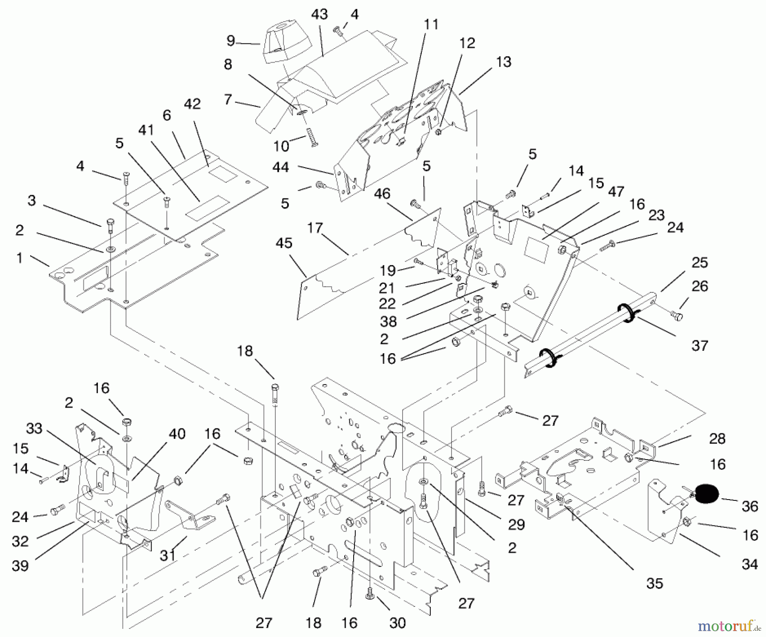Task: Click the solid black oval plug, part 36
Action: click(x=707, y=494)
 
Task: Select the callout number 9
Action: click(x=231, y=41)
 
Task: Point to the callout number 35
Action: click(x=655, y=583)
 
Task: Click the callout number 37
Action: click(x=700, y=346)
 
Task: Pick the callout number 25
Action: click(x=700, y=263)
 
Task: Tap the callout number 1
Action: click(x=19, y=258)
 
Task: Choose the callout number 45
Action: click(x=284, y=243)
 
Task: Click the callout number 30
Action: click(x=397, y=623)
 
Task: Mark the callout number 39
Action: click(x=20, y=566)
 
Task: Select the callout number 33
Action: click(x=34, y=428)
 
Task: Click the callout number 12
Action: click(x=467, y=43)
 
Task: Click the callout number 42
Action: click(x=192, y=104)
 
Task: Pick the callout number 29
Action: click(x=516, y=524)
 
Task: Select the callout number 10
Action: click(x=281, y=146)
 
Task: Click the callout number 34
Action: click(x=750, y=564)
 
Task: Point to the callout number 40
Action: click(x=177, y=434)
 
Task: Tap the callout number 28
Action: click(x=717, y=438)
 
